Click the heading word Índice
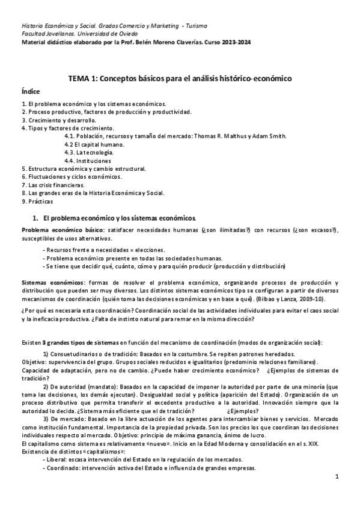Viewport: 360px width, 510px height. (31, 91)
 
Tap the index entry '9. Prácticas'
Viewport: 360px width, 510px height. (37, 201)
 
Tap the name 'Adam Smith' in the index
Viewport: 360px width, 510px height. (287, 136)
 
